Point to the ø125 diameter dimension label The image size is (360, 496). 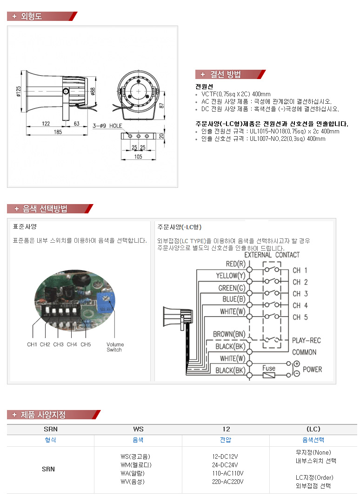[x=18, y=92]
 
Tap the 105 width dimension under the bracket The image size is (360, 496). [x=138, y=157]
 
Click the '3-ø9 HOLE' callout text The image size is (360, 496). [x=107, y=126]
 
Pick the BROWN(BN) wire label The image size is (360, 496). [x=229, y=334]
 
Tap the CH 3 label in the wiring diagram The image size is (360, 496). [x=300, y=294]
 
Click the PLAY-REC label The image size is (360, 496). [x=307, y=340]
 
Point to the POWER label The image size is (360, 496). [x=313, y=370]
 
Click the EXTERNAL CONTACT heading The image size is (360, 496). [x=272, y=255]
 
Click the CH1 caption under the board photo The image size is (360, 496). [x=32, y=344]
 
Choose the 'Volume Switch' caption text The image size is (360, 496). [x=115, y=347]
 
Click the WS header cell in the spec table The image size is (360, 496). [x=138, y=429]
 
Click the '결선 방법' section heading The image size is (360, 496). [x=226, y=74]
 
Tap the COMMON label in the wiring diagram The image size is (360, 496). [x=304, y=352]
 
